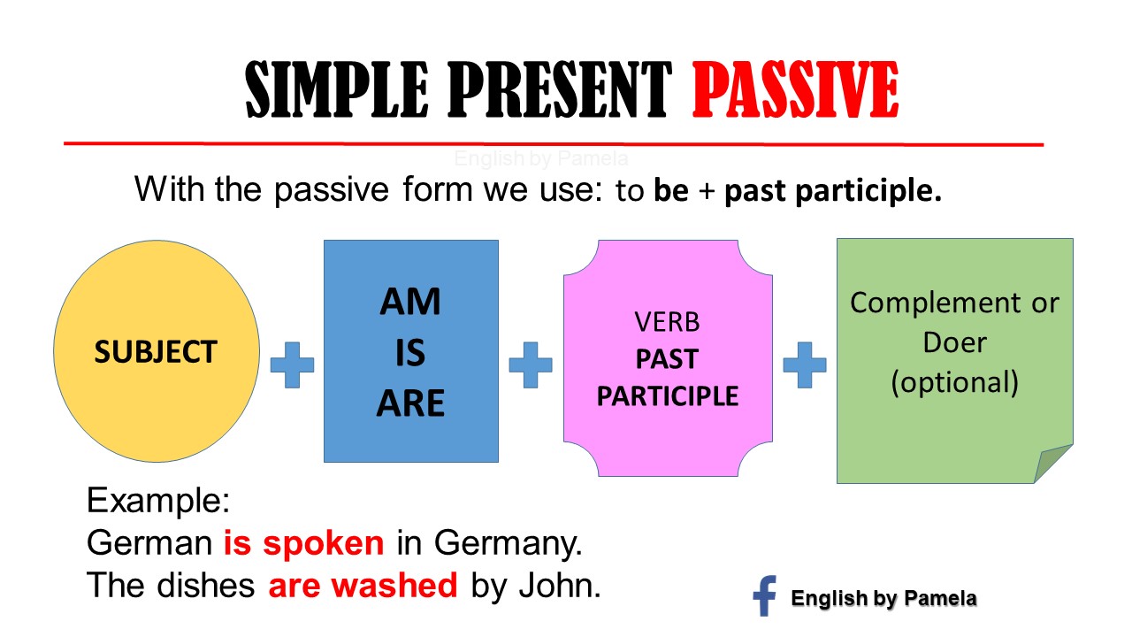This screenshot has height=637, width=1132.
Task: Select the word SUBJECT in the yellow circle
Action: pyautogui.click(x=156, y=352)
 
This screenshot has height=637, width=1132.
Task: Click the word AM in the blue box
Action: pyautogui.click(x=410, y=303)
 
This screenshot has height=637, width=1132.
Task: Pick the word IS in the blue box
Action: pyautogui.click(x=410, y=353)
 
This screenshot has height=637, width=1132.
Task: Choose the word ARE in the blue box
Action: pyautogui.click(x=410, y=403)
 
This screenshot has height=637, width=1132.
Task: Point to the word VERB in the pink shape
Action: pyautogui.click(x=667, y=320)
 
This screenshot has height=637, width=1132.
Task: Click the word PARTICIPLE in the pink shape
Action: pyautogui.click(x=667, y=395)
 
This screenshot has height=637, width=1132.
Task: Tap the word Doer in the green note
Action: pyautogui.click(x=954, y=342)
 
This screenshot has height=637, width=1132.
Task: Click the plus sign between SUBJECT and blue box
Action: pyautogui.click(x=292, y=365)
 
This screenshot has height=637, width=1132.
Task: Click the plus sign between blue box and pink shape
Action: pyautogui.click(x=531, y=365)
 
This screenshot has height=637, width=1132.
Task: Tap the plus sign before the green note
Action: pyautogui.click(x=805, y=365)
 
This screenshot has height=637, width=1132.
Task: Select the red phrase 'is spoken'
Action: pyautogui.click(x=303, y=542)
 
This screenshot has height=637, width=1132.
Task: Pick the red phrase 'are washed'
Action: pyautogui.click(x=363, y=584)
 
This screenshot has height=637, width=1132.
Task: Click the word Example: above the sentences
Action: pyautogui.click(x=159, y=502)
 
